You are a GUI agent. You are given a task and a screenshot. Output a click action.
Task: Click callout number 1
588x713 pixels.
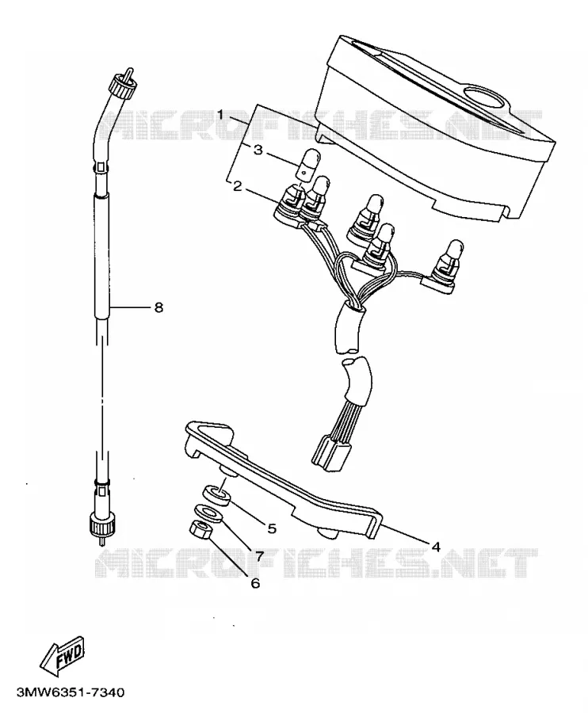(220, 114)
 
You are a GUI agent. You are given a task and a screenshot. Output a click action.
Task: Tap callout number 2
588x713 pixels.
(238, 186)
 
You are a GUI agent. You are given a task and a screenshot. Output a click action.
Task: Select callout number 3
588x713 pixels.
(258, 150)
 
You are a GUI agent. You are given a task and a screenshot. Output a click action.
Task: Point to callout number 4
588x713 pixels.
(436, 547)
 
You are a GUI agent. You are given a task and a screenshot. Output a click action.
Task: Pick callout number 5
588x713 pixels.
(272, 528)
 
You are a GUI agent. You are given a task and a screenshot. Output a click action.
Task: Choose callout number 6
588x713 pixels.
(256, 583)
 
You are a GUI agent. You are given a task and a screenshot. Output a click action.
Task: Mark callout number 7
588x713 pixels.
(259, 555)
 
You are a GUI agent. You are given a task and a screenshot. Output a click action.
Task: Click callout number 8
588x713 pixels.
(158, 308)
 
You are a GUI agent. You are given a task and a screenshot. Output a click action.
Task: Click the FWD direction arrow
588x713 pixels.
(63, 656)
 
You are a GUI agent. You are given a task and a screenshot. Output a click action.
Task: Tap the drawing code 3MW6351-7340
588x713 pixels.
(71, 692)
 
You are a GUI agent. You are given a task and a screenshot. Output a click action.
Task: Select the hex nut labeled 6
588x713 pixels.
(200, 529)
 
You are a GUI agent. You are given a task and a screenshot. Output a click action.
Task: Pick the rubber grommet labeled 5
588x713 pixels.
(216, 494)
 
